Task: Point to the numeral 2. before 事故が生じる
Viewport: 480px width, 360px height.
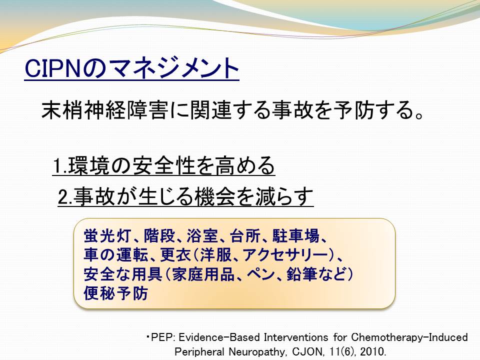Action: tap(65, 196)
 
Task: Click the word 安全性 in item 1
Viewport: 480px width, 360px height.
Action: tap(164, 165)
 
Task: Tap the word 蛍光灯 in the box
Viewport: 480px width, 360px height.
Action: tap(107, 235)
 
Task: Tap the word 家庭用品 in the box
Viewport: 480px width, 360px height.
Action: tap(203, 274)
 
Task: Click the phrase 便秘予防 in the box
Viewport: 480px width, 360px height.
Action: tap(115, 293)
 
